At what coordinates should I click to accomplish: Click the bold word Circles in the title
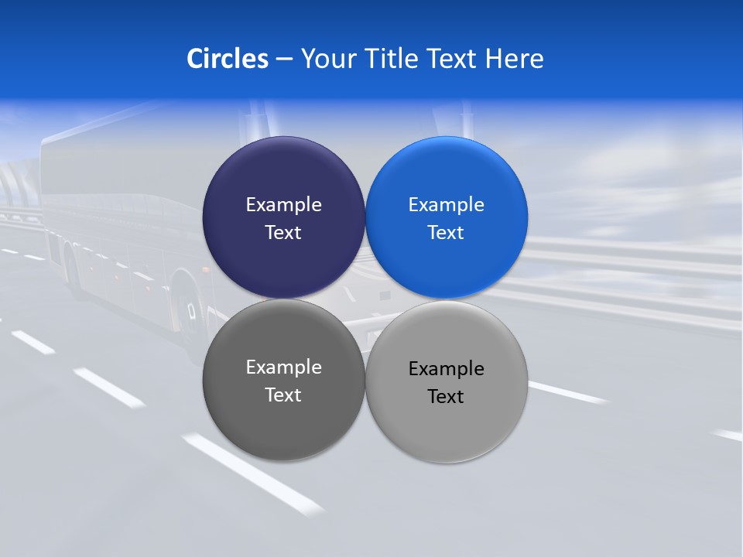point(228,59)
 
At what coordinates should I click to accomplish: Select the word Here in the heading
point(515,59)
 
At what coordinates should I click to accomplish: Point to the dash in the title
point(284,60)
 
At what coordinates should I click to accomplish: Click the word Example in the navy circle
point(283,204)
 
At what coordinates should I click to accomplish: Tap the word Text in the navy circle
point(283,232)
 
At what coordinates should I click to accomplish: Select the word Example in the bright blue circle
point(446,204)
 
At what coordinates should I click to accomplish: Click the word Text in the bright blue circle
point(446,232)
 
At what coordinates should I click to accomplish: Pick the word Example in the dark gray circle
point(283,367)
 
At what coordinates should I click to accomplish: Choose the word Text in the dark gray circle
point(283,395)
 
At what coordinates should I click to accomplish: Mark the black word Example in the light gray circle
point(446,368)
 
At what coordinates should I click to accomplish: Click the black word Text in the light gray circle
point(446,396)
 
